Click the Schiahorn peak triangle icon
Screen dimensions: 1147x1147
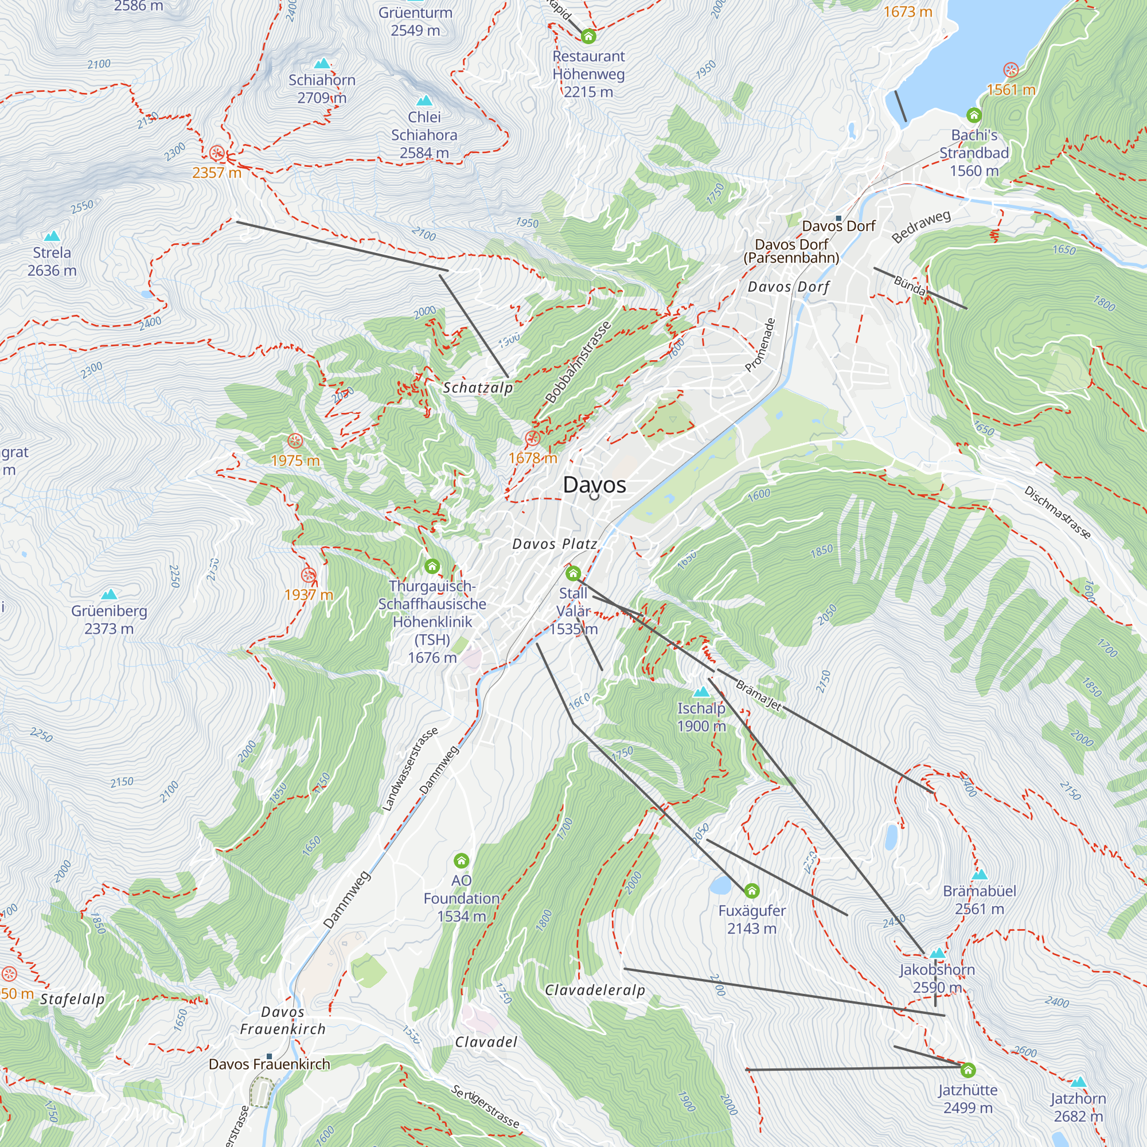coord(322,64)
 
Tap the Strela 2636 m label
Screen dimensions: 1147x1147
coord(52,261)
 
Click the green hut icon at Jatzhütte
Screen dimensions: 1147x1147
coord(967,1070)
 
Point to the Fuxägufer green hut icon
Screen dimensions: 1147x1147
coord(752,891)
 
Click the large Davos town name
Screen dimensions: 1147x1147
coord(594,485)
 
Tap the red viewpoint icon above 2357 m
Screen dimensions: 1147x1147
coord(217,153)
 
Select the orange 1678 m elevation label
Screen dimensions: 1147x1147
coord(533,458)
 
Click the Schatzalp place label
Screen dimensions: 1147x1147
coord(478,388)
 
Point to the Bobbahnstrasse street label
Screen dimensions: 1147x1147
coord(578,362)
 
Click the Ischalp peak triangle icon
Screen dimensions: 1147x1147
coord(701,692)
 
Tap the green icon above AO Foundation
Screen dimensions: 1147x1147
coord(461,860)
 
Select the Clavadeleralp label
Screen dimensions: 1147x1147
coord(595,990)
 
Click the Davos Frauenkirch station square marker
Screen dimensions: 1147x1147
coord(269,1056)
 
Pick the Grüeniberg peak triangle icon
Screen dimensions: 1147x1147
coord(108,594)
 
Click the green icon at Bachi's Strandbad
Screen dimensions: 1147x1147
coord(974,115)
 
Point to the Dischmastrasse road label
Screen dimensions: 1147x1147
coord(1058,512)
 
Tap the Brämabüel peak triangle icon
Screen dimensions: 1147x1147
coord(980,875)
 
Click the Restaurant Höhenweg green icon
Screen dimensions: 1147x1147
coord(588,36)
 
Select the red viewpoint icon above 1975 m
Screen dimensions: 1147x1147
coord(295,440)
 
